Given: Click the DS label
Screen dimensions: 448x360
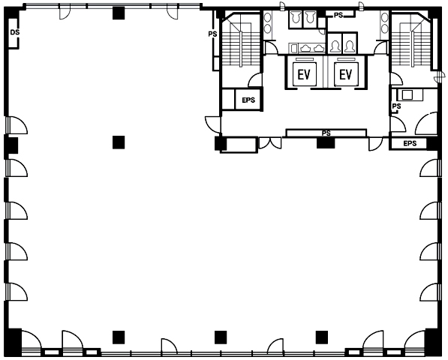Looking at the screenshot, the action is pos(15,32).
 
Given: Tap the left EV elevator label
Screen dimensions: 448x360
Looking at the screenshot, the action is pos(304,75).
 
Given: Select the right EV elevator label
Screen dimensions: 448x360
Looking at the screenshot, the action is pos(346,75).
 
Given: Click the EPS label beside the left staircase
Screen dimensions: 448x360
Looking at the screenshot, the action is pos(248,100).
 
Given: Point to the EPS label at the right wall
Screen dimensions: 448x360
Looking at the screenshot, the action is pos(410,143).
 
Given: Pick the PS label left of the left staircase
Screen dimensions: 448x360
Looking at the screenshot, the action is pos(212,34).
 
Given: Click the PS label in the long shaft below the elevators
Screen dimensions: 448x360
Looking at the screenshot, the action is pos(326,133).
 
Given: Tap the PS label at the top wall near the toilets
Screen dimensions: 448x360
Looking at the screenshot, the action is pos(338,15).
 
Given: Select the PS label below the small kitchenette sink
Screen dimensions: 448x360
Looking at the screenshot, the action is pos(396,106).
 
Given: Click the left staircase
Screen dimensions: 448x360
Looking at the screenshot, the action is pos(241,43).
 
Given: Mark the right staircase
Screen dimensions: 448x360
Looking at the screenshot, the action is pos(411,43).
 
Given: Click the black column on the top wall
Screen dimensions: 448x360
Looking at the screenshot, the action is pos(119,13).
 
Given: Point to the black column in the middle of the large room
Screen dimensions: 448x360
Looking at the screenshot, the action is pos(119,142).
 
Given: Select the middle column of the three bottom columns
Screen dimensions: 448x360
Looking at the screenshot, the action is pos(221,337).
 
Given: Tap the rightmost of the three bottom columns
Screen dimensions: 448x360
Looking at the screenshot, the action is pos(322,337).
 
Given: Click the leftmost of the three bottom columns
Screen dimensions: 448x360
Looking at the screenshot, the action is pos(119,337).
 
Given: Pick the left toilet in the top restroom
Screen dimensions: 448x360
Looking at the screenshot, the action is pos(295,17).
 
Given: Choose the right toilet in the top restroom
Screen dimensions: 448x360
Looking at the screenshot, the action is pos(310,17).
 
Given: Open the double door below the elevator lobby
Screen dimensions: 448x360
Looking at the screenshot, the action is pos(270,143).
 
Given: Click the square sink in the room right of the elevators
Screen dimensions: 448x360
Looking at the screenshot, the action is pos(407,94).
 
